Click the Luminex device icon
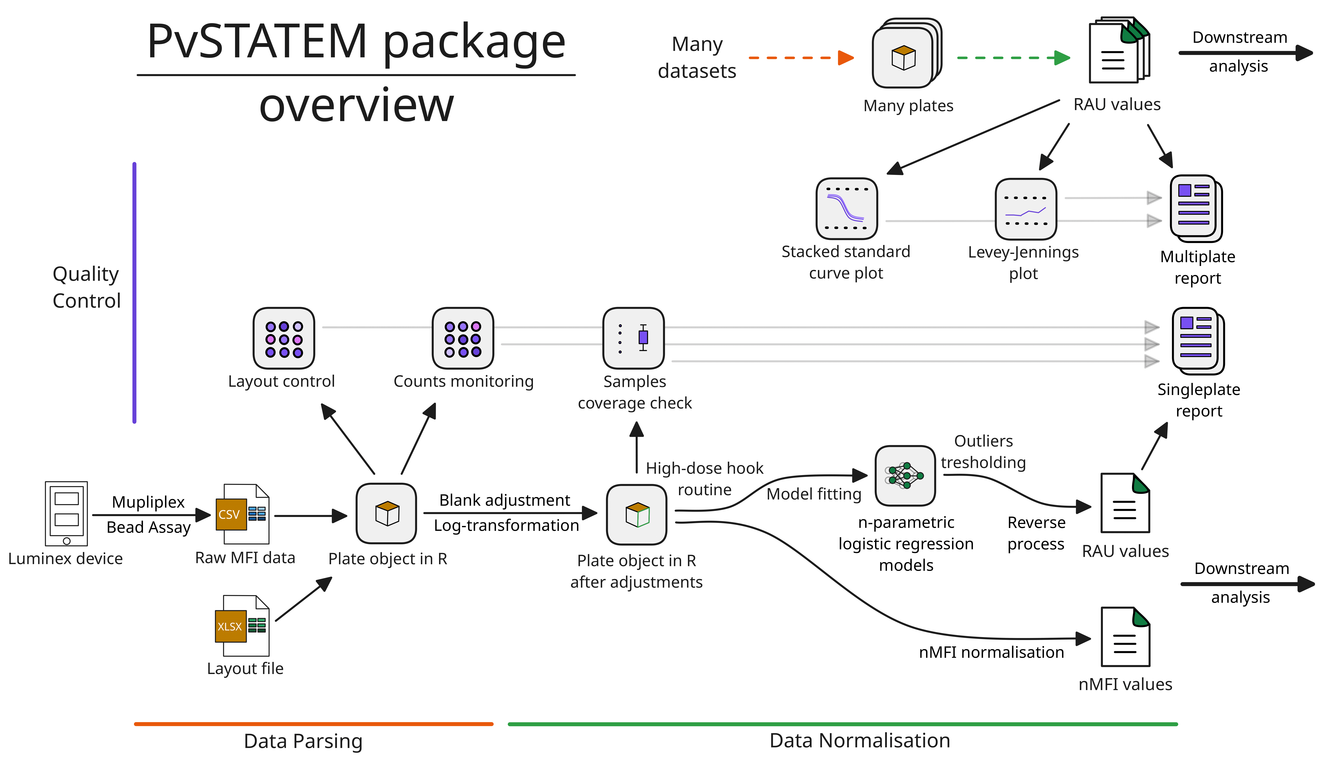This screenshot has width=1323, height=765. (66, 513)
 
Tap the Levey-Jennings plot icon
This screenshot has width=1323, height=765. (1025, 208)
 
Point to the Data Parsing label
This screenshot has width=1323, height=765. (303, 741)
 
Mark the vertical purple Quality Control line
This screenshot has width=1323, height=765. (134, 292)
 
